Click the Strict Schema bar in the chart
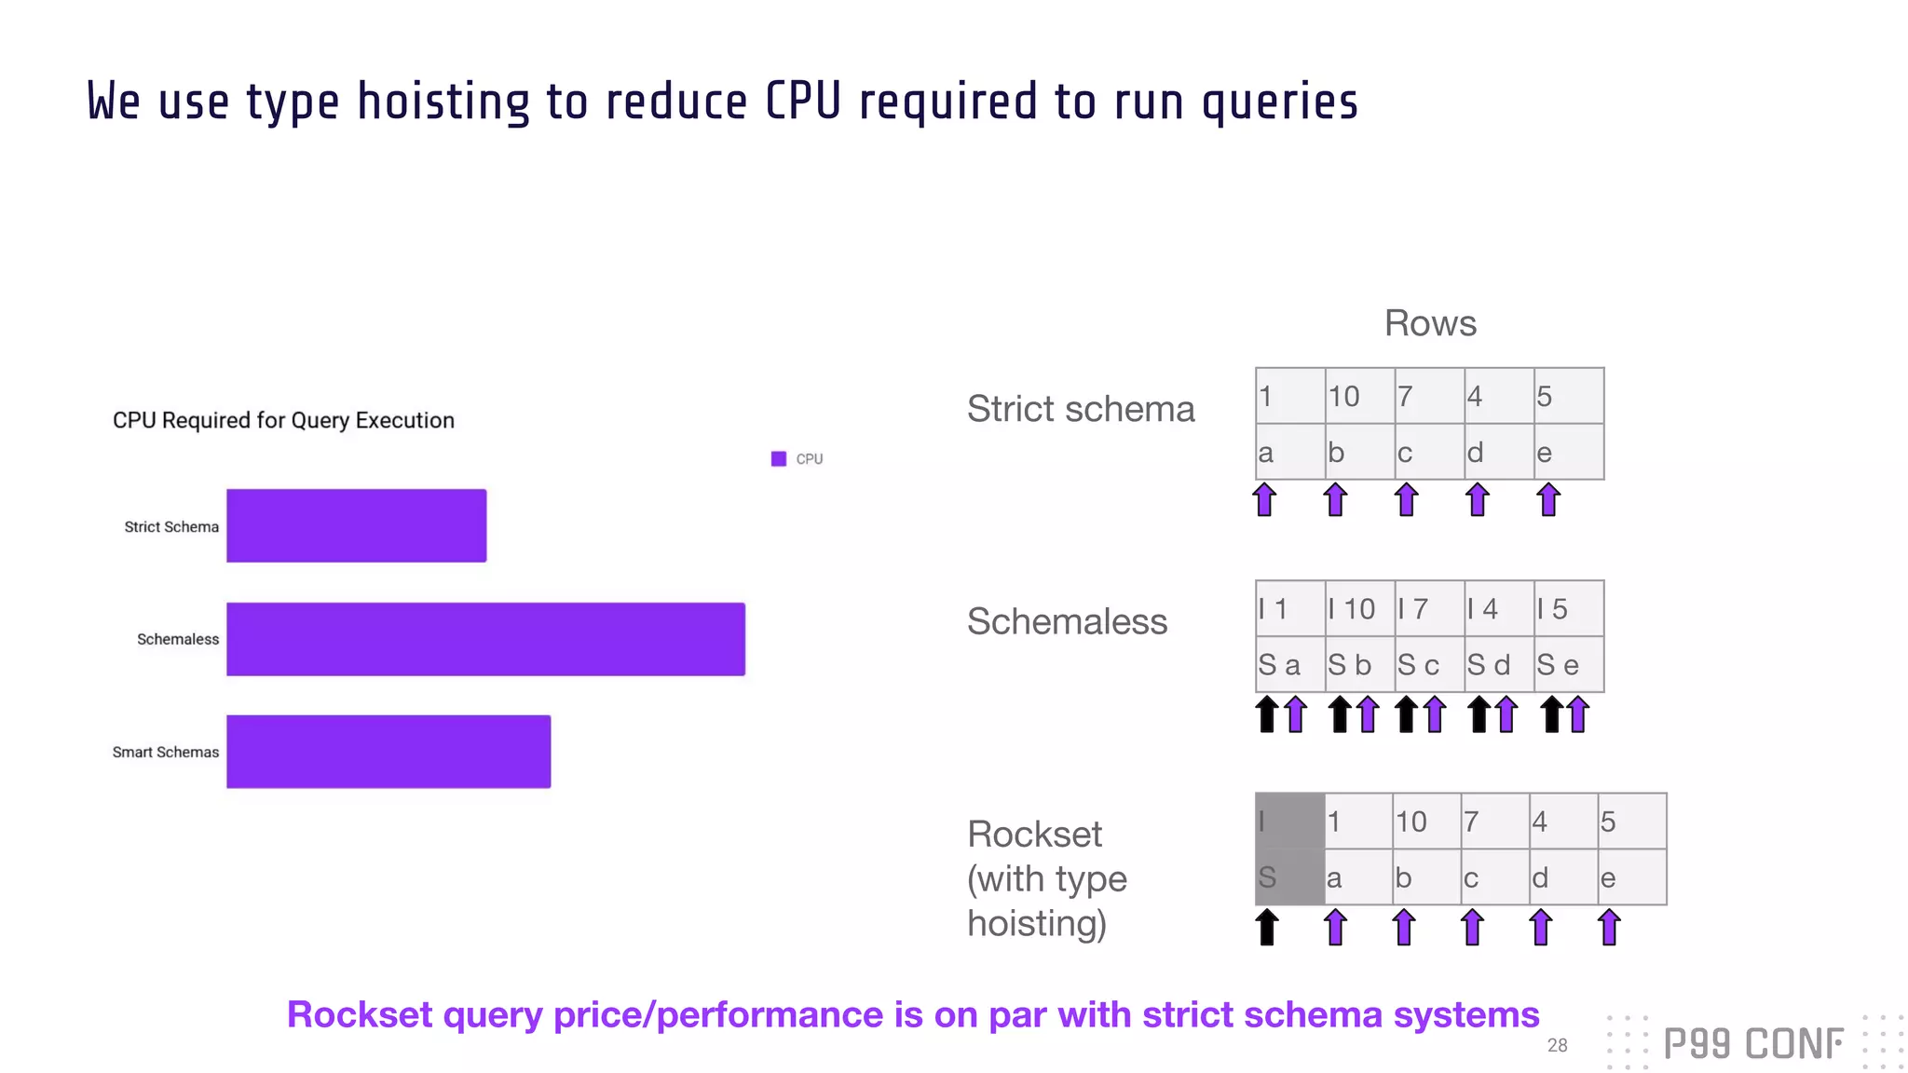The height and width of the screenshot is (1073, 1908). coord(356,525)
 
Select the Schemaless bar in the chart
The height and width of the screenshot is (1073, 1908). coord(485,639)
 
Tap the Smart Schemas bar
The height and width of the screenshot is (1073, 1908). coord(388,752)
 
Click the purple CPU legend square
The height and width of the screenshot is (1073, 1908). coord(779,458)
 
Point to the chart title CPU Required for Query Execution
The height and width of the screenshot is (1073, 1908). coord(283,420)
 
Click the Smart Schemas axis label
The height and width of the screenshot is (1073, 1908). coord(166,752)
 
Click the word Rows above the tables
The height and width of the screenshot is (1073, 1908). coord(1430,323)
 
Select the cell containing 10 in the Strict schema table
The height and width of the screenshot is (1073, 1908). coord(1359,396)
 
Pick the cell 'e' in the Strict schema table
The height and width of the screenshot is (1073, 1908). coord(1568,452)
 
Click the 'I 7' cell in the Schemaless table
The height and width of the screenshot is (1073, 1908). coord(1428,608)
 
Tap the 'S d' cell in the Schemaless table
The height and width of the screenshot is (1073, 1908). coord(1498,664)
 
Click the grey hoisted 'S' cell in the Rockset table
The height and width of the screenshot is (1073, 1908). coord(1289,876)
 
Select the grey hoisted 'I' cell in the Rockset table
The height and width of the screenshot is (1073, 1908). coord(1289,821)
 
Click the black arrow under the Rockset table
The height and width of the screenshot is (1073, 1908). coord(1266,928)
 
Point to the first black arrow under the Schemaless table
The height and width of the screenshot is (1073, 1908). coord(1266,714)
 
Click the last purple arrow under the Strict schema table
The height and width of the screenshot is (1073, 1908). coord(1548,500)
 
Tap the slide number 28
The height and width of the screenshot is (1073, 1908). coord(1557,1045)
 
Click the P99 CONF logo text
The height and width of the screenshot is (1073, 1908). coord(1752,1044)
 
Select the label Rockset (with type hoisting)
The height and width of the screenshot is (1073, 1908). coord(1047,878)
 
